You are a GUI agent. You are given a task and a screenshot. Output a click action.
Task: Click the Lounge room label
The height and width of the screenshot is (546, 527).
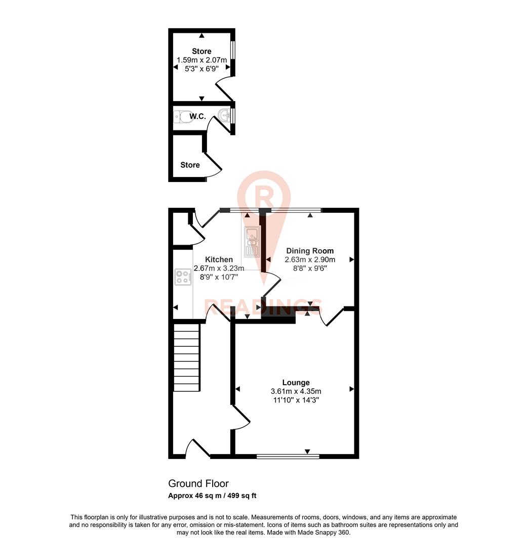pyautogui.click(x=296, y=383)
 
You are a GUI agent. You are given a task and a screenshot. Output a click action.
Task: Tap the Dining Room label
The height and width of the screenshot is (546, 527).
pyautogui.click(x=310, y=251)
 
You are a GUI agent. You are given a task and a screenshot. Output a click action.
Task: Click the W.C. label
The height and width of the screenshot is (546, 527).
pyautogui.click(x=197, y=117)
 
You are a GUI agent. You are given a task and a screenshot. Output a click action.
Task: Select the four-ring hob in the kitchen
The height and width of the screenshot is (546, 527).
pyautogui.click(x=183, y=277)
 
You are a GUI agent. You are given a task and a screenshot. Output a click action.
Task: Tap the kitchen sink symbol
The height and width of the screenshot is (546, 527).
pyautogui.click(x=252, y=242)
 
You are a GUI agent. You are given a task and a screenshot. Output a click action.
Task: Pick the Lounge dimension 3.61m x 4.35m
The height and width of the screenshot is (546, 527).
pyautogui.click(x=296, y=391)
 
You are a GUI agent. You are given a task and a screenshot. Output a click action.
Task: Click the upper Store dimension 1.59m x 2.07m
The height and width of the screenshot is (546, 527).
pyautogui.click(x=201, y=60)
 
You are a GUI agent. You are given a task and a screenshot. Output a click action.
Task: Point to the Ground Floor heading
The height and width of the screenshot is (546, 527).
pyautogui.click(x=198, y=484)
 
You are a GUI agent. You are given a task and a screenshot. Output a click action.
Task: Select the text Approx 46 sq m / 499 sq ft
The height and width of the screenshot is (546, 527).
pyautogui.click(x=212, y=496)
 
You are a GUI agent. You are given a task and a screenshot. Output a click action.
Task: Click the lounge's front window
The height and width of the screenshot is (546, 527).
pyautogui.click(x=288, y=457)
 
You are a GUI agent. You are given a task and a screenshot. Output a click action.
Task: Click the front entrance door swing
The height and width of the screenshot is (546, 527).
pyautogui.click(x=197, y=447)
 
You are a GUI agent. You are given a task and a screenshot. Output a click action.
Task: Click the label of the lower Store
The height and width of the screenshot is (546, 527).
pyautogui.click(x=190, y=165)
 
